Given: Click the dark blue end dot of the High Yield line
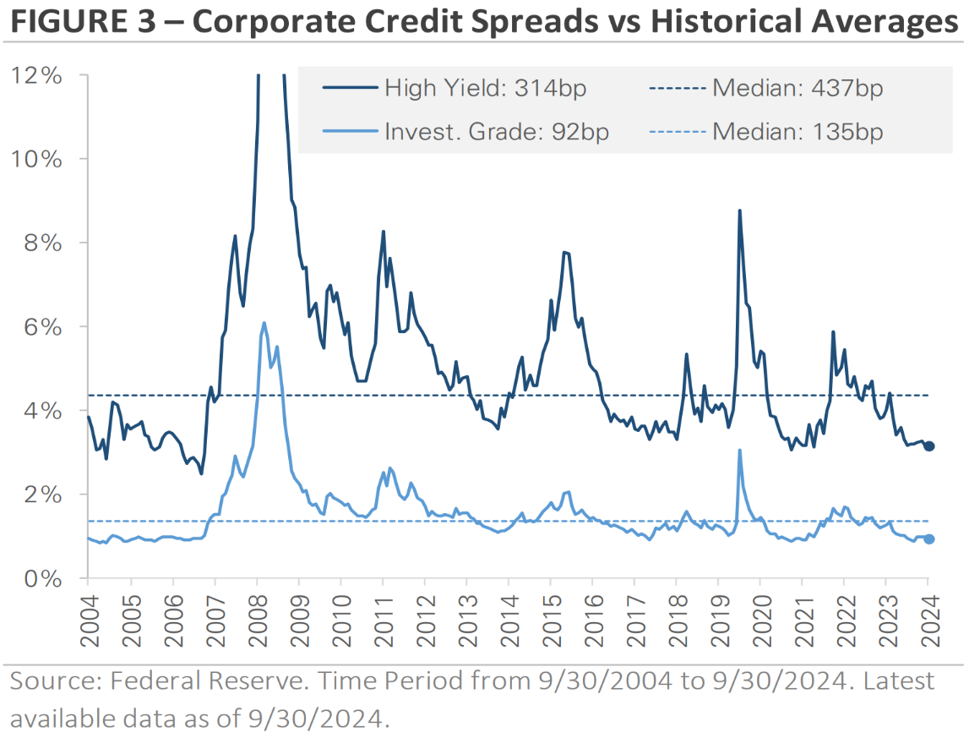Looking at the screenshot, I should point(928,446).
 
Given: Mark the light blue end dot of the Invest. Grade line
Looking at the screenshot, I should point(928,539).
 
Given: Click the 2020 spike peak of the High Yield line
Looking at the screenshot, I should point(740,211).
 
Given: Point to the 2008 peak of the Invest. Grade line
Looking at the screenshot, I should point(264,323).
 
